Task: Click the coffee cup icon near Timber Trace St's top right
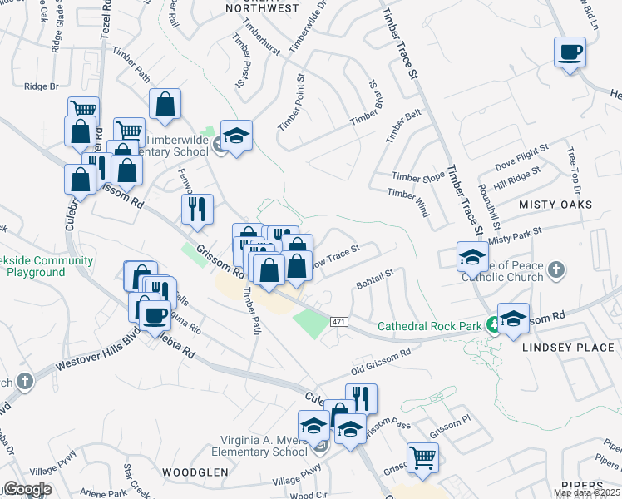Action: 570,53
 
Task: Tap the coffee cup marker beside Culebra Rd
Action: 154,314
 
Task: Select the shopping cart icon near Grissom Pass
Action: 423,456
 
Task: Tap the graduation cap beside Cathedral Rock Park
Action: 513,318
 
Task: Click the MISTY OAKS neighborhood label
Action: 555,204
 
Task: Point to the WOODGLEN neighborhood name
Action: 195,472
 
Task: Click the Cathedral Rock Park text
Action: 430,326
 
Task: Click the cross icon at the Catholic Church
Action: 556,270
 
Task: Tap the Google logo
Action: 28,489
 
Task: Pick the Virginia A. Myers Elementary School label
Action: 259,446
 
